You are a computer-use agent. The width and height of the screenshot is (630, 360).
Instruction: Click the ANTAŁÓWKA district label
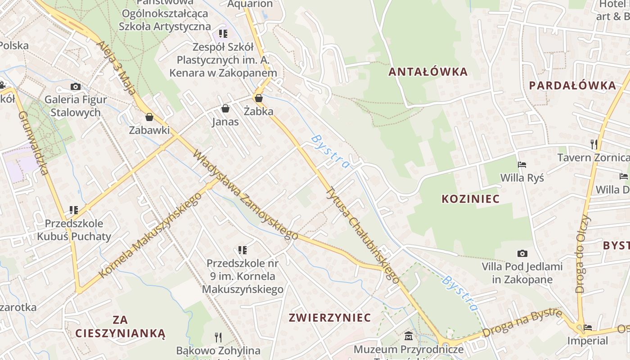pos(428,72)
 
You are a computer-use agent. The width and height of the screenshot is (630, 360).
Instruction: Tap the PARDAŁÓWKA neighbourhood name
pos(572,85)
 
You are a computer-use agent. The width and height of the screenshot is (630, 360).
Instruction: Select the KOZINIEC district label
pos(471,199)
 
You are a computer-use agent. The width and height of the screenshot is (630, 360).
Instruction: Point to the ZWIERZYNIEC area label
pos(330,318)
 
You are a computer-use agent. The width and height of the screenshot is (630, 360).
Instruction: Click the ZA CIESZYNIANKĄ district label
pos(121,327)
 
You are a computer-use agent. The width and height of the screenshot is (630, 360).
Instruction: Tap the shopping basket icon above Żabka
pos(259,98)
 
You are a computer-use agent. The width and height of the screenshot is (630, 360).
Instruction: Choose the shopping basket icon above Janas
pos(225,108)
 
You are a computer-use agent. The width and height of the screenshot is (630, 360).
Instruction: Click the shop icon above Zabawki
pos(149,117)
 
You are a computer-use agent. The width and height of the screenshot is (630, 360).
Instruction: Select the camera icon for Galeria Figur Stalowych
pos(76,86)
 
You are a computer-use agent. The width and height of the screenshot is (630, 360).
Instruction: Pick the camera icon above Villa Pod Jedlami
pos(522,253)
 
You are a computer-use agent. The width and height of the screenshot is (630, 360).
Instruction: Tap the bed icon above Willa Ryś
pos(522,165)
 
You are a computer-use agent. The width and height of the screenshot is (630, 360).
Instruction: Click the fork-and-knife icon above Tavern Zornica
pos(594,144)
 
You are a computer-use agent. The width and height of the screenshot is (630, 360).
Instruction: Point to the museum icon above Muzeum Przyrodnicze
pos(409,336)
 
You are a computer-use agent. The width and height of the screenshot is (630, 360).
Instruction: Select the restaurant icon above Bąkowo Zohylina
pos(218,337)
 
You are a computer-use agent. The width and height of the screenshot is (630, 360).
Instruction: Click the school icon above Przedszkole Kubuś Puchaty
pos(74,210)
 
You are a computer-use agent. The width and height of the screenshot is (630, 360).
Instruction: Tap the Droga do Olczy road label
pos(583,254)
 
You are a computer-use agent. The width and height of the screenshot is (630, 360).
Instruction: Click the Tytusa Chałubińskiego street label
pos(362,234)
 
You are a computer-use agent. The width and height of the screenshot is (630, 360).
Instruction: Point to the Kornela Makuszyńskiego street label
pos(150,236)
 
